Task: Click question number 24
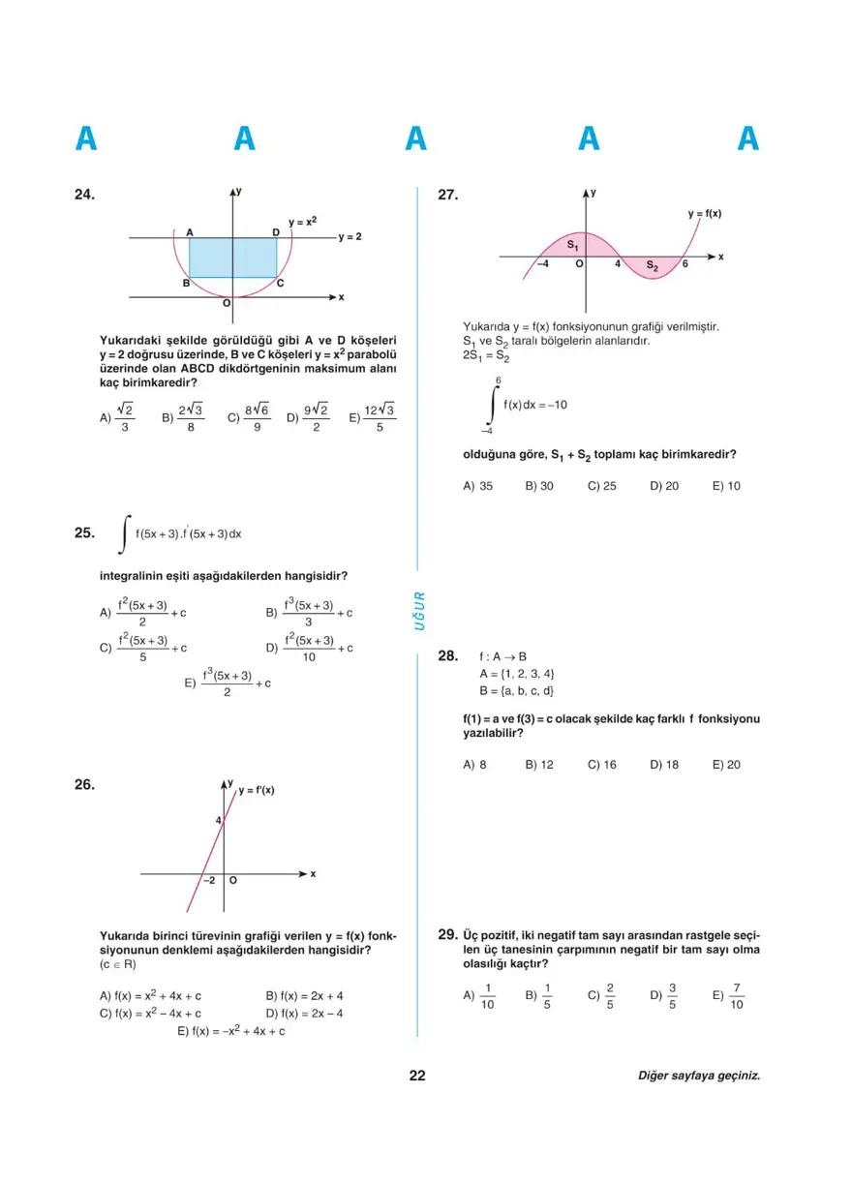(x=85, y=195)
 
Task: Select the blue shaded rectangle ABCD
(x=232, y=258)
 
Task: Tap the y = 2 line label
(x=350, y=236)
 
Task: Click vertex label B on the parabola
(x=186, y=283)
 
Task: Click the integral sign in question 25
(x=124, y=533)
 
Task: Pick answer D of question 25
(x=310, y=648)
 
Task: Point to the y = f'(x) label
(x=257, y=790)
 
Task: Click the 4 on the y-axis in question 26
(x=219, y=821)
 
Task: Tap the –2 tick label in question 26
(x=209, y=881)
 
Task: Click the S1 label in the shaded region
(x=572, y=246)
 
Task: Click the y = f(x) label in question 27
(x=704, y=213)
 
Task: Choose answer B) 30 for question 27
(x=539, y=486)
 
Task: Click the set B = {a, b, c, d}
(x=516, y=690)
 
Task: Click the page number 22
(x=417, y=1076)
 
